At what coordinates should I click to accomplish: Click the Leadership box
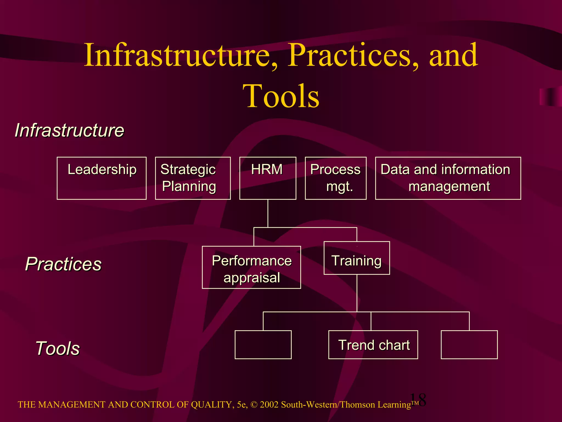click(x=102, y=178)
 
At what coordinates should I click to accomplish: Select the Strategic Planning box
click(x=193, y=178)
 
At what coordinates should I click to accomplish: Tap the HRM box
click(x=268, y=178)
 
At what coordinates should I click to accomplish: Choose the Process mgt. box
click(x=336, y=178)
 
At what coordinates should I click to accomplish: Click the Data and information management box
click(x=448, y=178)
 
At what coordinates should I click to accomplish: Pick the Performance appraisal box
click(x=251, y=267)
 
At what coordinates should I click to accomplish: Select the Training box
click(x=357, y=258)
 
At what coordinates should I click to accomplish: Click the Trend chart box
click(x=373, y=345)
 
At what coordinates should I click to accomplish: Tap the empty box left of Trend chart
click(x=263, y=345)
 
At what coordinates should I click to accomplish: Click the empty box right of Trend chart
click(x=469, y=345)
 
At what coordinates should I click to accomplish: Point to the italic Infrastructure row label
click(x=69, y=130)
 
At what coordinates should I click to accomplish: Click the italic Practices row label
click(x=63, y=264)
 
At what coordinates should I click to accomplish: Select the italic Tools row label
click(x=58, y=348)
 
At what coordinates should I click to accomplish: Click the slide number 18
click(x=418, y=400)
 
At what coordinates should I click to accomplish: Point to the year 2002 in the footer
click(x=269, y=405)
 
